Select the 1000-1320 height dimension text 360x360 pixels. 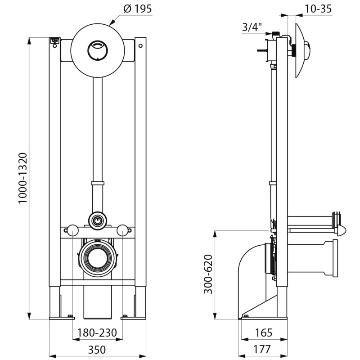[x=23, y=178]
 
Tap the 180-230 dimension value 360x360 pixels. [x=97, y=333]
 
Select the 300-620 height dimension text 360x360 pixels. [x=208, y=274]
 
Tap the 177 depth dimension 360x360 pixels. [x=262, y=349]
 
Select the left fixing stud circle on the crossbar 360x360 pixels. [x=72, y=231]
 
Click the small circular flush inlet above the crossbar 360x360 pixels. [x=97, y=220]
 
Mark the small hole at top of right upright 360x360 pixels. [x=140, y=45]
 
